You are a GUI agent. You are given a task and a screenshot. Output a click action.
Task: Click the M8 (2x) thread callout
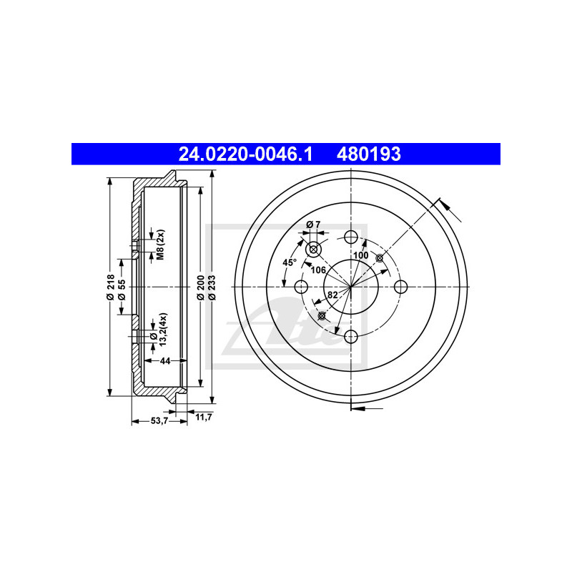(161, 245)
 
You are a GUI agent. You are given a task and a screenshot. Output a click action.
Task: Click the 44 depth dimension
(164, 361)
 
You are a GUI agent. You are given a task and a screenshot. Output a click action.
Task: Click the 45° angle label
(289, 262)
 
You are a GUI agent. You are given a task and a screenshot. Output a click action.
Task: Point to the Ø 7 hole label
(313, 225)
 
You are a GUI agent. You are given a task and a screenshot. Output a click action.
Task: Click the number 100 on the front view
(360, 255)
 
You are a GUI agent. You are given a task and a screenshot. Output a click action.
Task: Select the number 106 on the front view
(319, 269)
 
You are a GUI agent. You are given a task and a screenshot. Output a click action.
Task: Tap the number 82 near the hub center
(333, 295)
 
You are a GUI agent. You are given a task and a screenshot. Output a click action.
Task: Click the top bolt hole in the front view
(350, 237)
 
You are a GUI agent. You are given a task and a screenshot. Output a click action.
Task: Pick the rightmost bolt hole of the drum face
(400, 287)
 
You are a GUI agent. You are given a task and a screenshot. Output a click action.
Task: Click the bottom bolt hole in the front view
(350, 337)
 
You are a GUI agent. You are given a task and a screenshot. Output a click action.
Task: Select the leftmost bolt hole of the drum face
(301, 287)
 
